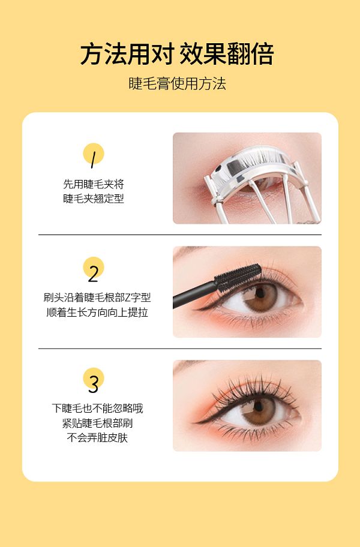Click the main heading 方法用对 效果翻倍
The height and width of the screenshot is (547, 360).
[177, 54]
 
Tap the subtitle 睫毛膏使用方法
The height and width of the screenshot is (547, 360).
[177, 84]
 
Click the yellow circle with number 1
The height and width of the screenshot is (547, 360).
[94, 154]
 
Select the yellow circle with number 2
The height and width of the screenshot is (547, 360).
[94, 268]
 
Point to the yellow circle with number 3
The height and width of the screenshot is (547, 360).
[94, 378]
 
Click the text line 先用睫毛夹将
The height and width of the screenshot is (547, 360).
[94, 184]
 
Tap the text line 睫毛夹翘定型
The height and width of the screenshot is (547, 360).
[94, 199]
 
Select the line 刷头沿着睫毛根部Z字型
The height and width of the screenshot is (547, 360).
[97, 297]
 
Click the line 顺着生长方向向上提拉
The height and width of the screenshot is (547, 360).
[97, 312]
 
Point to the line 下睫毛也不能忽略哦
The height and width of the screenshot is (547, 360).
[97, 408]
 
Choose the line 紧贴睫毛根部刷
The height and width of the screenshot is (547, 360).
[97, 423]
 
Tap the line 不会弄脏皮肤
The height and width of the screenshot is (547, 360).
[97, 438]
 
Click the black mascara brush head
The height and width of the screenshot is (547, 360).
[238, 277]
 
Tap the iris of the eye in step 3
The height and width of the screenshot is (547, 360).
[259, 411]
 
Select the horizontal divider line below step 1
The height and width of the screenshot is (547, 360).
[180, 235]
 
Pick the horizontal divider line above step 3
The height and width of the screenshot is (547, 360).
[180, 348]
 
